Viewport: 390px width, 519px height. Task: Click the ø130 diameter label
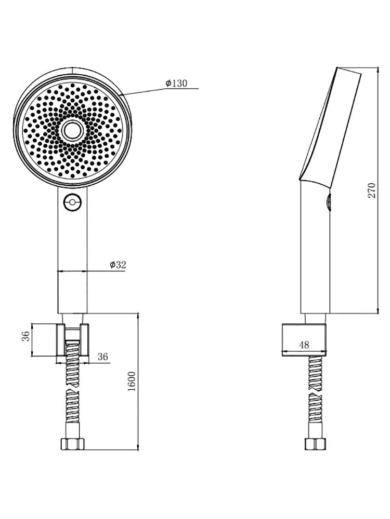[176, 83]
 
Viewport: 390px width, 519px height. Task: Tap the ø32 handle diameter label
[118, 265]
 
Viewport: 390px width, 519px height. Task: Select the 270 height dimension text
[372, 190]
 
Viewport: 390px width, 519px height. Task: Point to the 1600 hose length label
[132, 381]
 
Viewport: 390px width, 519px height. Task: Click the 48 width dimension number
[304, 345]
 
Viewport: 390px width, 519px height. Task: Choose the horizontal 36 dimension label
[103, 357]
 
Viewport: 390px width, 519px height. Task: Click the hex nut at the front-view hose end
[73, 444]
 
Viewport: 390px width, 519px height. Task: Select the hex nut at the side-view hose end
[315, 444]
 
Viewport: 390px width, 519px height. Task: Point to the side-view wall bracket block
[304, 340]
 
